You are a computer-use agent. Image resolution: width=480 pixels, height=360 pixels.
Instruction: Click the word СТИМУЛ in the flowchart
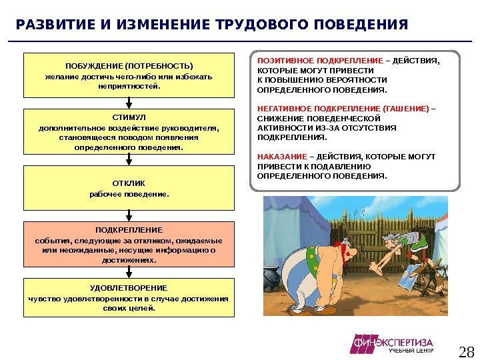tap(129, 117)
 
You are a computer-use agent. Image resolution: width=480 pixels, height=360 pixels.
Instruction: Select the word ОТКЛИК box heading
tap(129, 183)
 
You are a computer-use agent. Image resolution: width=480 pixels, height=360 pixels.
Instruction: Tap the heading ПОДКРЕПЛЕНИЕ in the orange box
tap(129, 229)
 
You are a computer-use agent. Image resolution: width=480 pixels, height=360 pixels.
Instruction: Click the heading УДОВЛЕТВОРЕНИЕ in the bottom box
tap(129, 287)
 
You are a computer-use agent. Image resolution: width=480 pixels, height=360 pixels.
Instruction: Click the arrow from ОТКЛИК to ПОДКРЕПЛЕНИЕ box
tap(129, 216)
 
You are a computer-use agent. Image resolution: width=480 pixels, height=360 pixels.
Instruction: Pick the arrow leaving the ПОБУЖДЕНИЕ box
tap(129, 103)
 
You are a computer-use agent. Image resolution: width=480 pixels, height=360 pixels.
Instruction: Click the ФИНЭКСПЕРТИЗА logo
tap(393, 343)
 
